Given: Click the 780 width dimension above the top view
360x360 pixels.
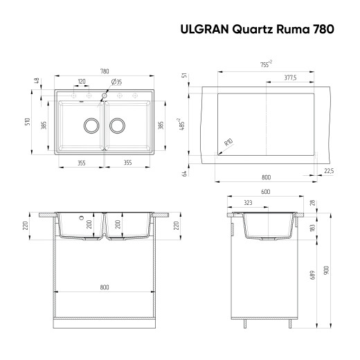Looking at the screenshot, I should (x=104, y=71).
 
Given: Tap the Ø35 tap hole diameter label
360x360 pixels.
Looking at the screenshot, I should (x=117, y=82).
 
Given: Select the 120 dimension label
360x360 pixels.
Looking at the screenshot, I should (x=82, y=82).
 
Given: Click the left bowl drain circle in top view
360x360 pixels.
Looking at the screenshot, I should (x=91, y=125).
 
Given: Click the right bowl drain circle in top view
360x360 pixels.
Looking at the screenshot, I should (x=117, y=125).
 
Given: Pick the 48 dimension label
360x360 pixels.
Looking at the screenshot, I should (x=35, y=81).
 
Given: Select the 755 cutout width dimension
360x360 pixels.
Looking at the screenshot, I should (x=266, y=64).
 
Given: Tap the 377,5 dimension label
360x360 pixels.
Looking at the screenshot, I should (x=291, y=78).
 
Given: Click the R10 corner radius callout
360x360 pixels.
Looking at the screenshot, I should (x=228, y=143).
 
